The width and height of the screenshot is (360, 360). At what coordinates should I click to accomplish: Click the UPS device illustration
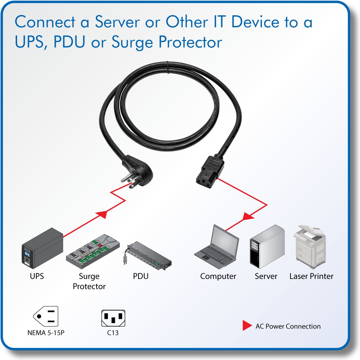[x=42, y=249]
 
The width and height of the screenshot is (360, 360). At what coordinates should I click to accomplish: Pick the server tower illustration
[x=267, y=247]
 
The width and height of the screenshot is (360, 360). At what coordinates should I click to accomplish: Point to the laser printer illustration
[x=310, y=247]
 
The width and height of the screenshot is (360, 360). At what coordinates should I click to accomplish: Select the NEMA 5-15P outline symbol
[x=46, y=316]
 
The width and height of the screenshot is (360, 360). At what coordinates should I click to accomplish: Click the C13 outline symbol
[x=113, y=318]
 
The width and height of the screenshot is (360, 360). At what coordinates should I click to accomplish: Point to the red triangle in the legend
[x=247, y=325]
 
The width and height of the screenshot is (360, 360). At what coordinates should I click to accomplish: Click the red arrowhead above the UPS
[x=102, y=214]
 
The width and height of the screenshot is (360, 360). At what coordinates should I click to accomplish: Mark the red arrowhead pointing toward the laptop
[x=248, y=216]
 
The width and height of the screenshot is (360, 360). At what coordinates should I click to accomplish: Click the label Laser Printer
[x=311, y=276]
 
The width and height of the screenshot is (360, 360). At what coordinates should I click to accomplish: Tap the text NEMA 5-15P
[x=46, y=333]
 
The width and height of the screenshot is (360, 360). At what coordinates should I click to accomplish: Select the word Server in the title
[x=117, y=22]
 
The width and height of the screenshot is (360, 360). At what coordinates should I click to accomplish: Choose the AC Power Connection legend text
[x=288, y=326]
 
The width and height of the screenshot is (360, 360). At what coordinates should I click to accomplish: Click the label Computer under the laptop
[x=218, y=276]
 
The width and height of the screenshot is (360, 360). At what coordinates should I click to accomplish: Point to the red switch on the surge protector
[x=100, y=245]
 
